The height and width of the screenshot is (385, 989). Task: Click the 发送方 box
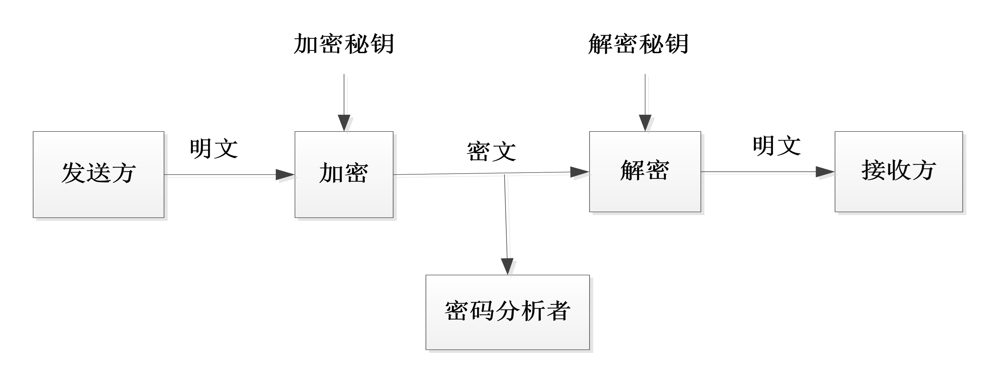coord(98,175)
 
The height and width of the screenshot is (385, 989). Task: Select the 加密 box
coord(344,175)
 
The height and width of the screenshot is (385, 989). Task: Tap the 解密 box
coord(645,172)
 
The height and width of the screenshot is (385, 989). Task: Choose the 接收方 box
coord(899,172)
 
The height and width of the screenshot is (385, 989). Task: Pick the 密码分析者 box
coord(508,312)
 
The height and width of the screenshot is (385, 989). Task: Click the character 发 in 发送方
coord(73,173)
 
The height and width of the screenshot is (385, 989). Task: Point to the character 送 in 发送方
coord(98,173)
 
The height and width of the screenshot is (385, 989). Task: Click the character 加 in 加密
coord(331,173)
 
